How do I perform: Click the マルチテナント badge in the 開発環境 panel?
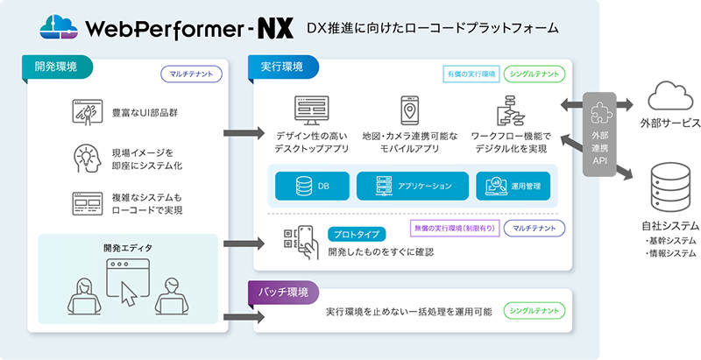[188, 75]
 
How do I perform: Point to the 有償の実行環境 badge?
[469, 75]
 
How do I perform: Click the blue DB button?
[310, 186]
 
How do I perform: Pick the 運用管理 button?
[514, 186]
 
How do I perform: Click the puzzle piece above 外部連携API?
[603, 116]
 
